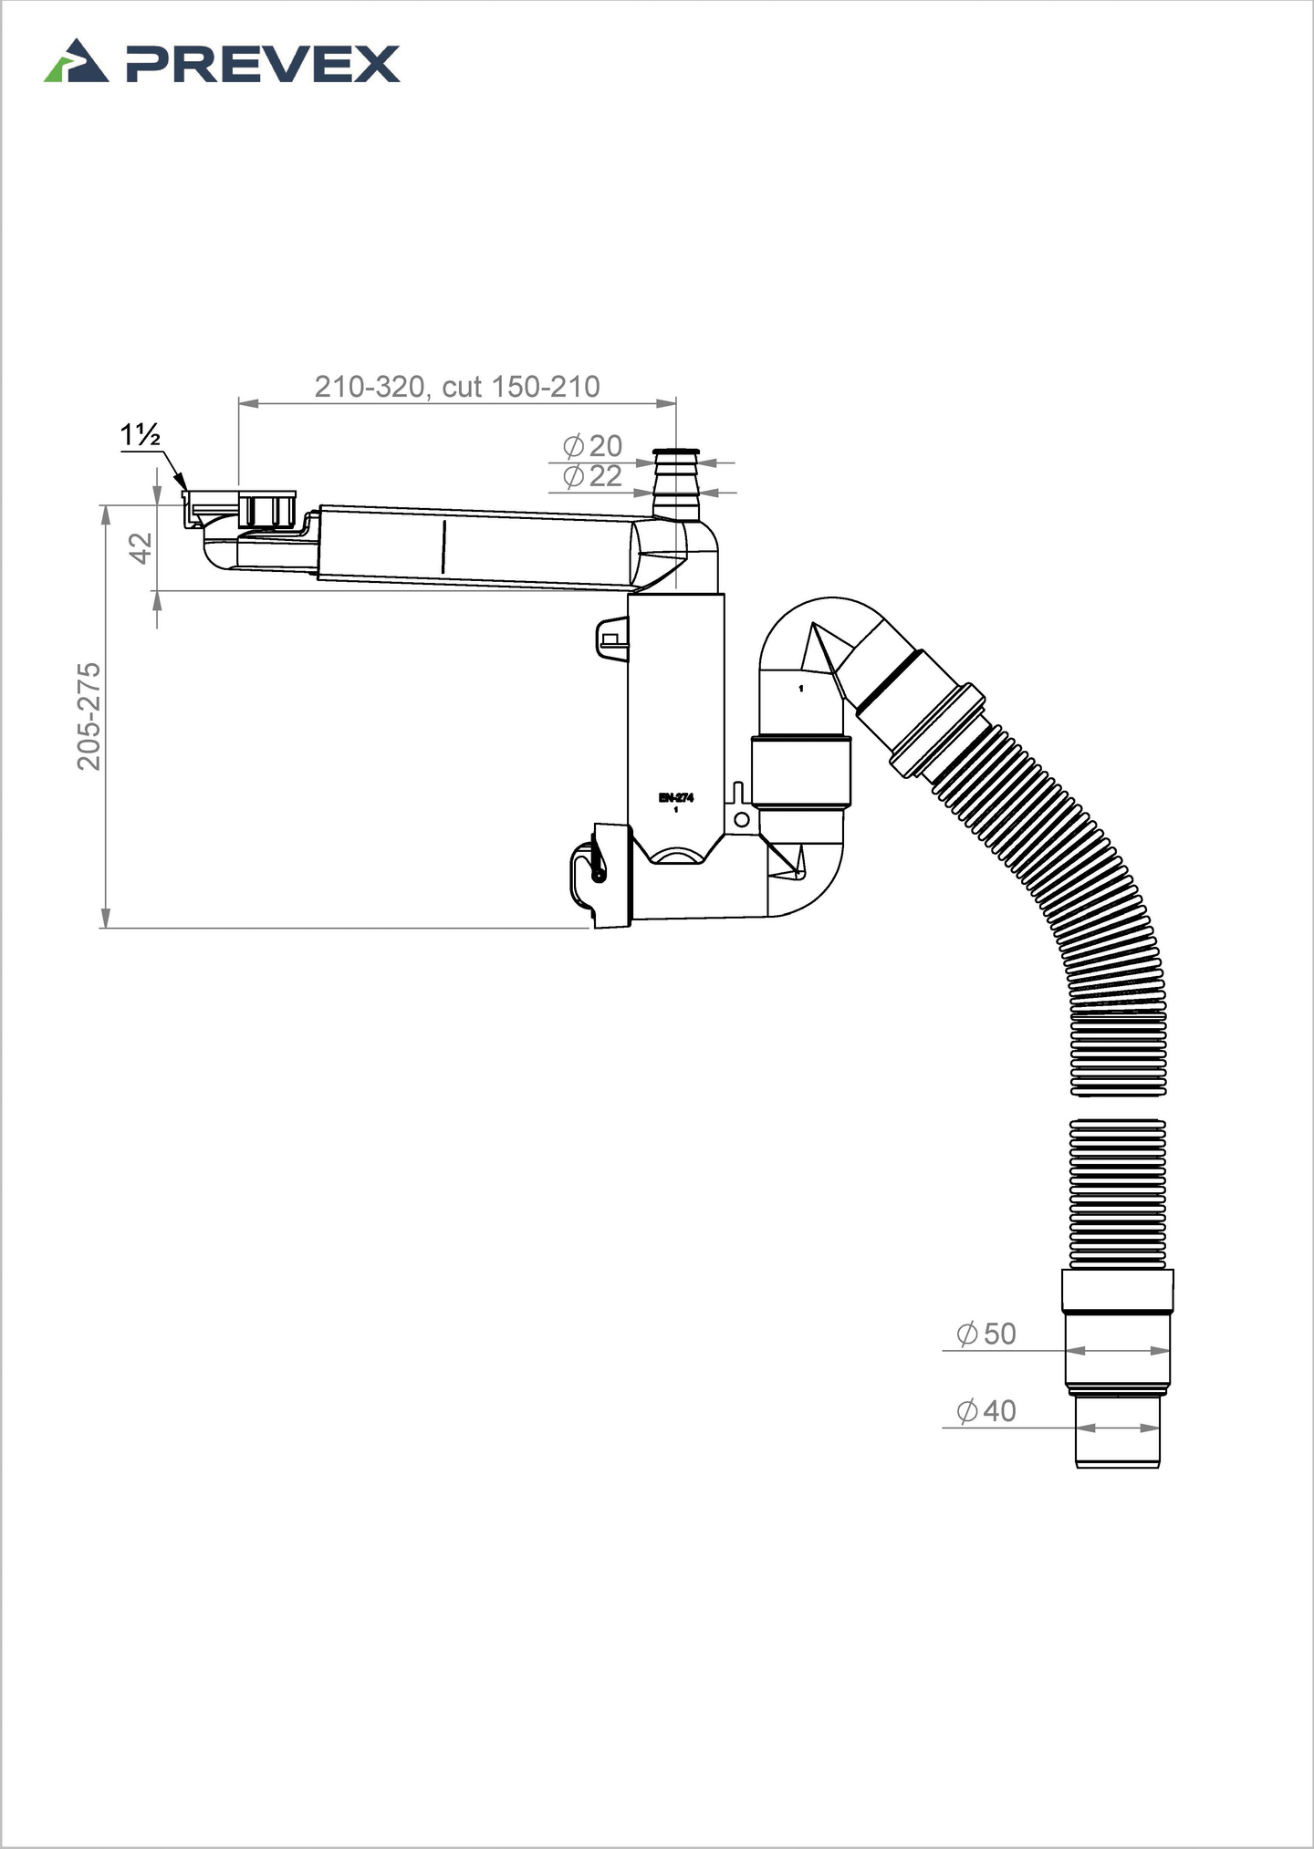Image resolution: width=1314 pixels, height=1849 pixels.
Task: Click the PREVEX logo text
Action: [263, 65]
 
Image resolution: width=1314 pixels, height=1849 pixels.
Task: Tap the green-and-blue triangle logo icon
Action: [77, 61]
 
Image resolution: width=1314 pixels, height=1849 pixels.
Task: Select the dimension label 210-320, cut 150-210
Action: [457, 387]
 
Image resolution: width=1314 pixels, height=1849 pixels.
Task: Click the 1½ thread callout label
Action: [141, 436]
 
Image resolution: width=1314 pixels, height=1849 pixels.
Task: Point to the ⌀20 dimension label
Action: [592, 446]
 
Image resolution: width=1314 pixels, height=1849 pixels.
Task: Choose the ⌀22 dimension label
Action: [592, 476]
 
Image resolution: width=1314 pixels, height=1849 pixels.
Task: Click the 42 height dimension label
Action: [140, 548]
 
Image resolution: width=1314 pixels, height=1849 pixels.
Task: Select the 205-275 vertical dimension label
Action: [89, 717]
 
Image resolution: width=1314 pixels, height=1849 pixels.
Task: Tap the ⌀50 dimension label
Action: [985, 1334]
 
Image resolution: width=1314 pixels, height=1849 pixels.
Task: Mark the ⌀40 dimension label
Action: [985, 1411]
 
